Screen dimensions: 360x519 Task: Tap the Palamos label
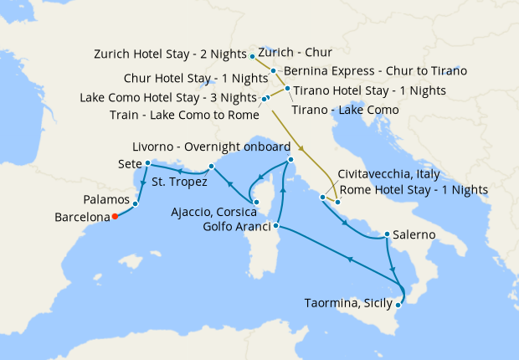click(106, 201)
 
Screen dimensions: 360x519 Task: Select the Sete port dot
click(147, 163)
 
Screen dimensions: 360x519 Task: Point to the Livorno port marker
click(290, 159)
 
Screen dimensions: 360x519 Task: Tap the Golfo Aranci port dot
click(276, 226)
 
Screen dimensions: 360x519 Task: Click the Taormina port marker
click(398, 306)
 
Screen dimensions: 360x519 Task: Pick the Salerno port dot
click(386, 234)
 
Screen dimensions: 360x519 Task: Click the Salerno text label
click(414, 235)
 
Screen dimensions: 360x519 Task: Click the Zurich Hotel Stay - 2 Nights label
click(172, 55)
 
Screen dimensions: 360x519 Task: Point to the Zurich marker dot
click(253, 56)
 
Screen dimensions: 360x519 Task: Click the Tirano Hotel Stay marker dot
click(287, 89)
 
